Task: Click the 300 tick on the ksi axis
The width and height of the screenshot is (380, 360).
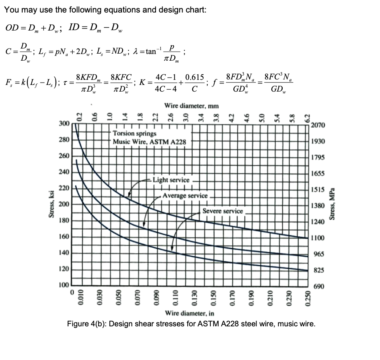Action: coord(64,124)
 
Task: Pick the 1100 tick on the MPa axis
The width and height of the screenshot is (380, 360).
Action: coord(317,238)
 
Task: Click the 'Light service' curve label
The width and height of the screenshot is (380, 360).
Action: coord(171,180)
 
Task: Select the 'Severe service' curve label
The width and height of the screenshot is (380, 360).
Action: coord(223,211)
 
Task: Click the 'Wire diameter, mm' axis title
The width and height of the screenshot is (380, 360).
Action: coord(191,106)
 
